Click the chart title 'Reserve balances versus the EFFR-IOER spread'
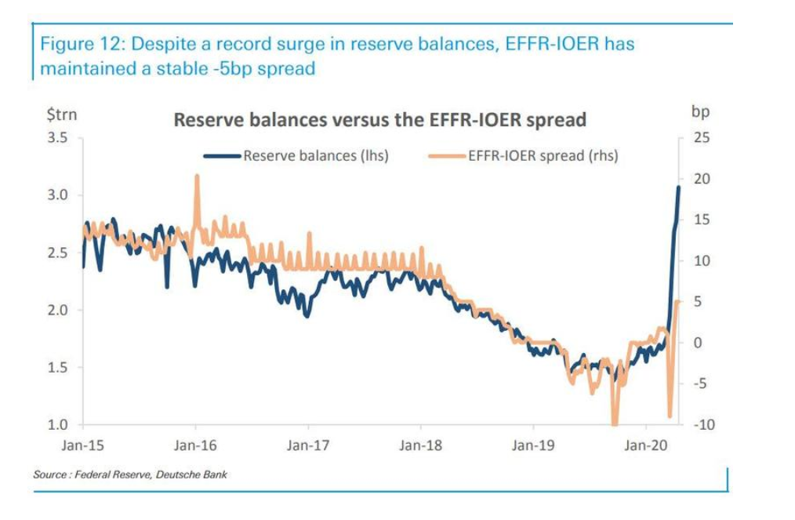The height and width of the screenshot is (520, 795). coord(379,120)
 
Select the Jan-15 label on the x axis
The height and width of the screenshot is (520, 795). coord(83,445)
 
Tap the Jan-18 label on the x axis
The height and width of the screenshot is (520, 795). coord(420,445)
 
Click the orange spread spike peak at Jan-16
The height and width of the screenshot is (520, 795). coord(196,176)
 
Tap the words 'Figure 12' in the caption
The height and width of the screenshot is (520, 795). coord(77,44)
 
